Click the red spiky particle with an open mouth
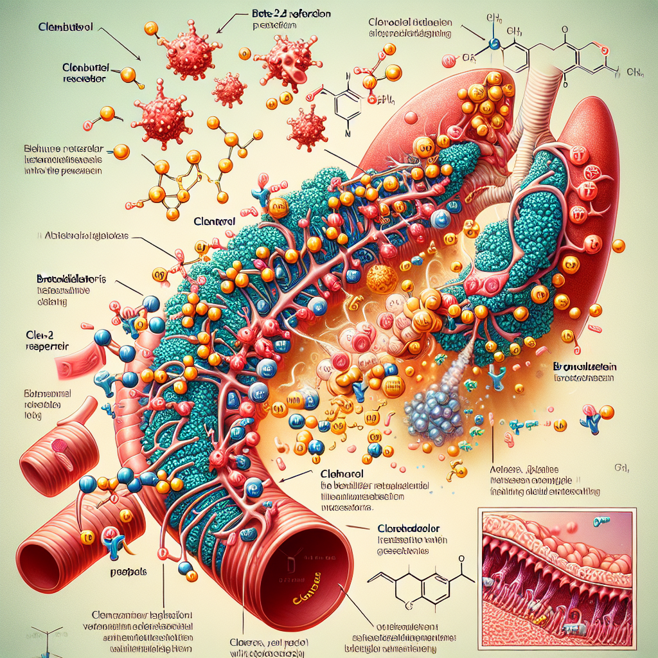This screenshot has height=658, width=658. tap(290, 58)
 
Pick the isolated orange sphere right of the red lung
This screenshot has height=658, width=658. tap(619, 245)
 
